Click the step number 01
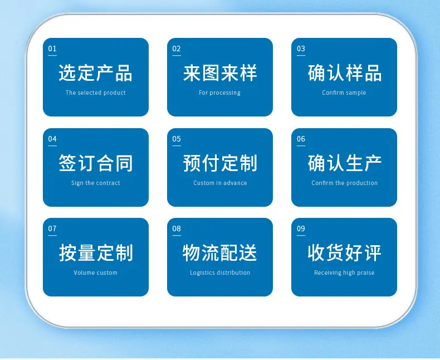(52, 48)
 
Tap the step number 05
(177, 139)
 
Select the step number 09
(301, 228)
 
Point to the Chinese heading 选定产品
(95, 73)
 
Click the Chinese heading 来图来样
(219, 73)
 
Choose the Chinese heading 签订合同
(95, 163)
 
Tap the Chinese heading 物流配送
(219, 253)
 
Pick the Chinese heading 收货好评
(344, 253)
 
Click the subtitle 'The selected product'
(95, 93)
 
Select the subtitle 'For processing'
(219, 93)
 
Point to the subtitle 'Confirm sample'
(344, 93)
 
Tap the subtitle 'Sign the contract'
(95, 183)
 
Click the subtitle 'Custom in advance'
(220, 183)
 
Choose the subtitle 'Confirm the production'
(344, 183)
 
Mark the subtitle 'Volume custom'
(95, 273)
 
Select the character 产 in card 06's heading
(373, 163)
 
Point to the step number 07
(52, 228)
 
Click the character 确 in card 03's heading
(316, 73)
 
